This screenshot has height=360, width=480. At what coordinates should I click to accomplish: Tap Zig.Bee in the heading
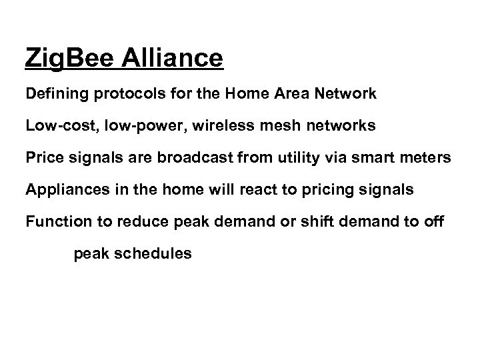click(71, 59)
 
